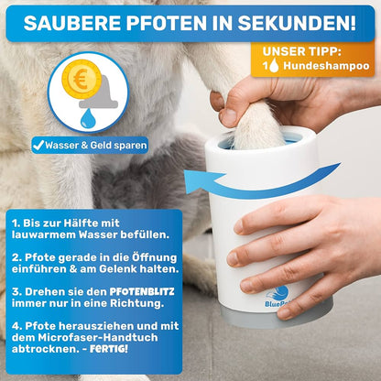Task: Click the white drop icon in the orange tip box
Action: (x=276, y=68)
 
